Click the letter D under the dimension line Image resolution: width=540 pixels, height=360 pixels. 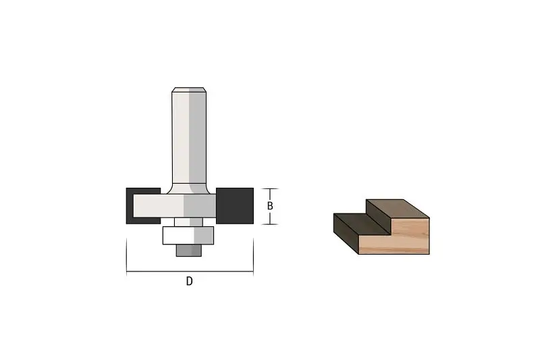pyautogui.click(x=190, y=281)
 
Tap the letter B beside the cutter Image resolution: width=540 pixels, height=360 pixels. pyautogui.click(x=270, y=205)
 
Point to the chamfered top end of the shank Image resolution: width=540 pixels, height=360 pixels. pyautogui.click(x=189, y=90)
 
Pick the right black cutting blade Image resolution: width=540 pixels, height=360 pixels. pyautogui.click(x=235, y=205)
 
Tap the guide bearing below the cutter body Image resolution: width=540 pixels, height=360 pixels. pyautogui.click(x=188, y=235)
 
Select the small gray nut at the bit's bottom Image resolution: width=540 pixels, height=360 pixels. pyautogui.click(x=189, y=251)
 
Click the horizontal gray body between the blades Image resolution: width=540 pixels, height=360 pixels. pyautogui.click(x=175, y=206)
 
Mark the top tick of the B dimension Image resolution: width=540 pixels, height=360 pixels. pyautogui.click(x=269, y=189)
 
